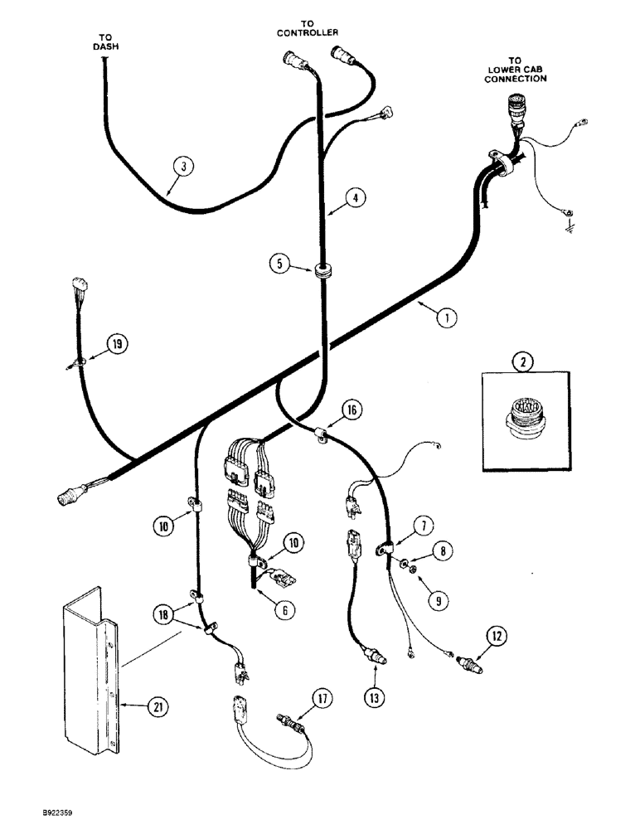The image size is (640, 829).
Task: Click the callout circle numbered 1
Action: click(446, 316)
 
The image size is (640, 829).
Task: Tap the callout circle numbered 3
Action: click(184, 167)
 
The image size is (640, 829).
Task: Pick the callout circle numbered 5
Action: click(281, 264)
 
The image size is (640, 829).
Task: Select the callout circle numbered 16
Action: click(352, 410)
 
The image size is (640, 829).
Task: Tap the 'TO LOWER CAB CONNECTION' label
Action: click(515, 70)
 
